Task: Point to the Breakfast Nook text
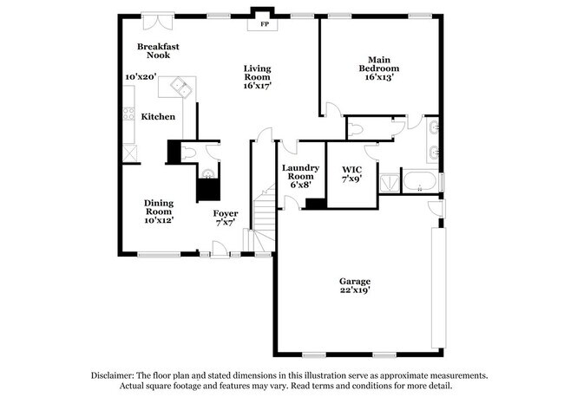click(158, 50)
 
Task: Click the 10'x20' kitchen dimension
click(140, 76)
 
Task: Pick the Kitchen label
click(159, 116)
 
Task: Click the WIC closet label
click(351, 169)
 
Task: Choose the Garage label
click(354, 281)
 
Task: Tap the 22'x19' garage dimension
click(354, 292)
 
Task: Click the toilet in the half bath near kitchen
click(189, 153)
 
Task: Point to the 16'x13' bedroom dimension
click(379, 77)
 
